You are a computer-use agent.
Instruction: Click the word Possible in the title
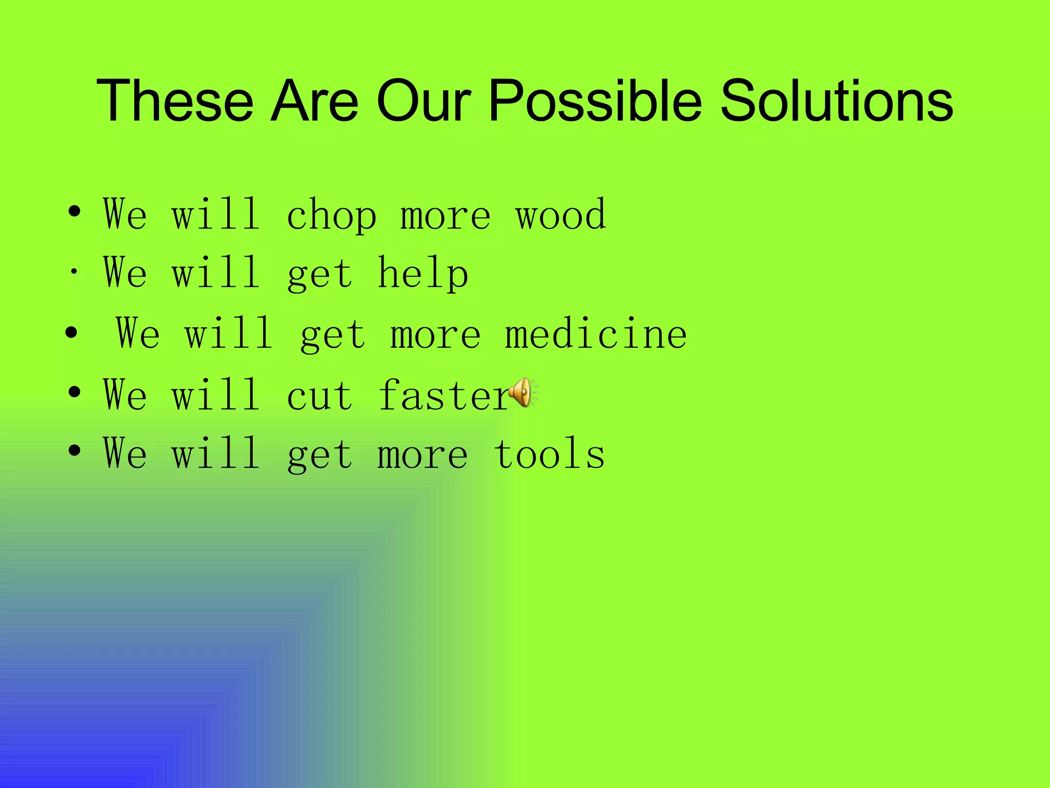coord(595,101)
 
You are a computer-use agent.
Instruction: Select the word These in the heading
coord(175,101)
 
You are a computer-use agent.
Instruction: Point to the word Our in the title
coord(423,101)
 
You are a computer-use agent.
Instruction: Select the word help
coord(423,274)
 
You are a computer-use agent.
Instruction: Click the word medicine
coord(596,334)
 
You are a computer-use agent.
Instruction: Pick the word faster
coord(444,396)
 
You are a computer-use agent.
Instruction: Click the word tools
coord(550,455)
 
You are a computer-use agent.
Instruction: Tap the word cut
coord(320,396)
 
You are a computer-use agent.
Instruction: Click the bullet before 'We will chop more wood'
coord(74,211)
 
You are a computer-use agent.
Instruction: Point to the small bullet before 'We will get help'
coord(74,272)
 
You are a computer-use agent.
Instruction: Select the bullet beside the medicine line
coord(71,332)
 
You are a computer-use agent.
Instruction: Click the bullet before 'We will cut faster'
coord(74,392)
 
